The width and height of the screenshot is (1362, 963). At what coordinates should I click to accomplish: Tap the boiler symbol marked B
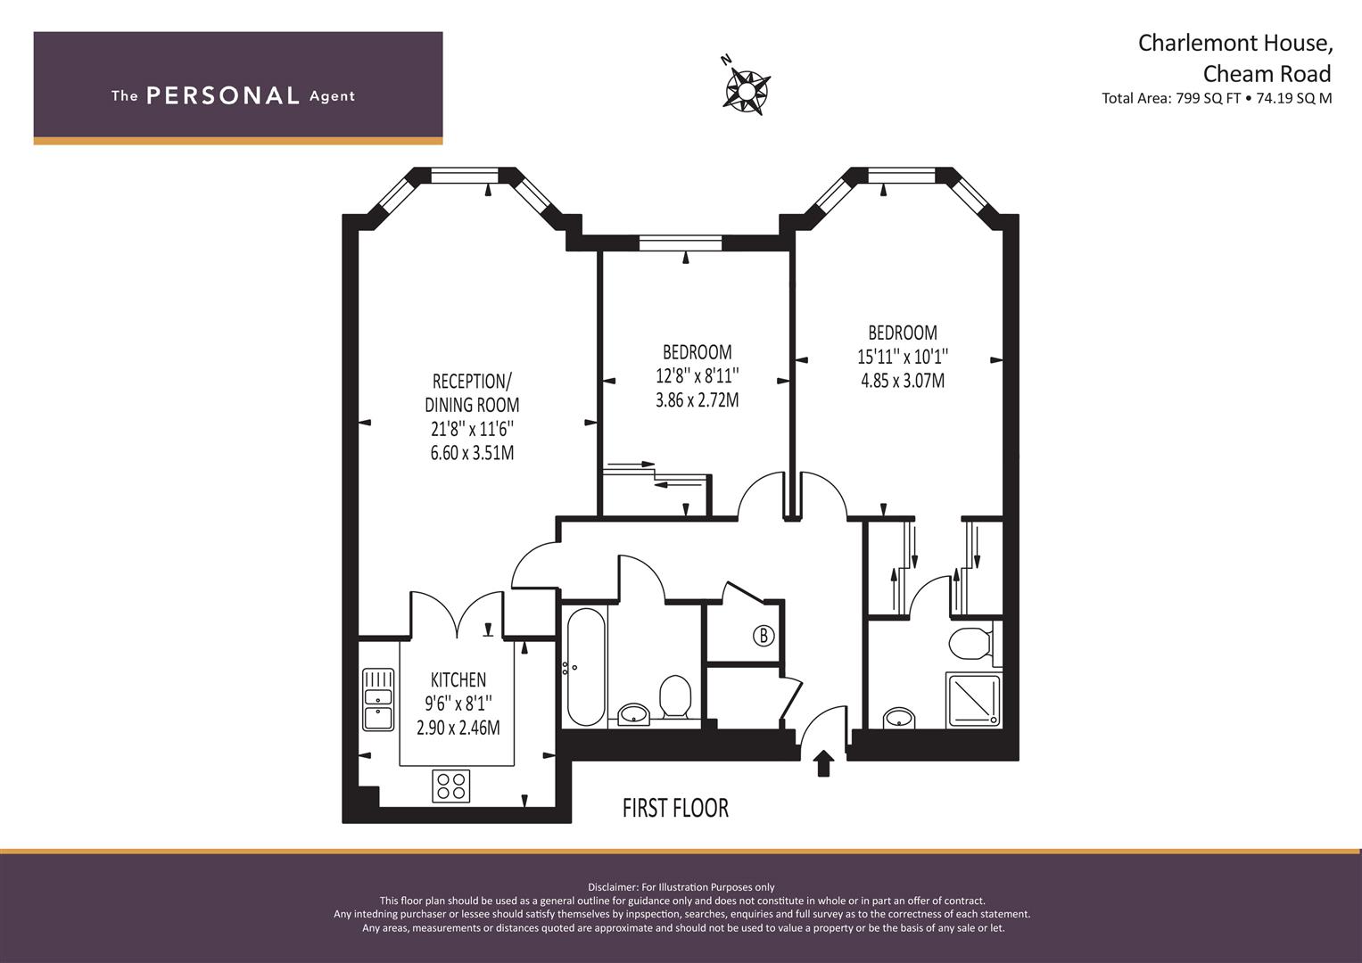tap(764, 636)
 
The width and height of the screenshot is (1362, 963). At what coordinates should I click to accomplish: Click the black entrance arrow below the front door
tap(824, 763)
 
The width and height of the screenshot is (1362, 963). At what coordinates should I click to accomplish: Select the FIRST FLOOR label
tap(675, 808)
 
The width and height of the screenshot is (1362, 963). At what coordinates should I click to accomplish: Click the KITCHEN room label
tap(458, 679)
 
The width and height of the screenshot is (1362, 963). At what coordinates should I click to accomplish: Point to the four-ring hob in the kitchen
tap(451, 786)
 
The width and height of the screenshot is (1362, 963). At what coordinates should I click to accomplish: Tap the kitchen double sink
tap(378, 699)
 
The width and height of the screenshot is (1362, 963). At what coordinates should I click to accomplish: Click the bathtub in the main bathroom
tap(585, 667)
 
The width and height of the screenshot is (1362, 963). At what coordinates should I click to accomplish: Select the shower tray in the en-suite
tap(973, 700)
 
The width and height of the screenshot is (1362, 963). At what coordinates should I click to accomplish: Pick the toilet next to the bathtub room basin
tap(675, 697)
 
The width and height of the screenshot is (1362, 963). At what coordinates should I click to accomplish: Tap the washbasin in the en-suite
tap(900, 718)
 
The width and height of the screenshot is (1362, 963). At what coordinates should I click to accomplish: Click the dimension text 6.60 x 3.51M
tap(473, 453)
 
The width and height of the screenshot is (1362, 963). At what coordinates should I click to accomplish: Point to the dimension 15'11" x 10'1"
tap(903, 357)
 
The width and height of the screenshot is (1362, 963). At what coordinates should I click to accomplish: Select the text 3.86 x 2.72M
tap(698, 400)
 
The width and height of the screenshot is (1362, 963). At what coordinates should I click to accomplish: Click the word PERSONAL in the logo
tap(223, 96)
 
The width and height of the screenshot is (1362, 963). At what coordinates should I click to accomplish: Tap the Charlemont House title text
tap(1226, 43)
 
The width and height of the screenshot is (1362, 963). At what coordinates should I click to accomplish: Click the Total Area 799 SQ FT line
tap(1217, 98)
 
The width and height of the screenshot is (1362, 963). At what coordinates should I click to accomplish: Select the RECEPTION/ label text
tap(473, 382)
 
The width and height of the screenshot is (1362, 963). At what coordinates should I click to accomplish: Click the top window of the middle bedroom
tap(681, 243)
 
